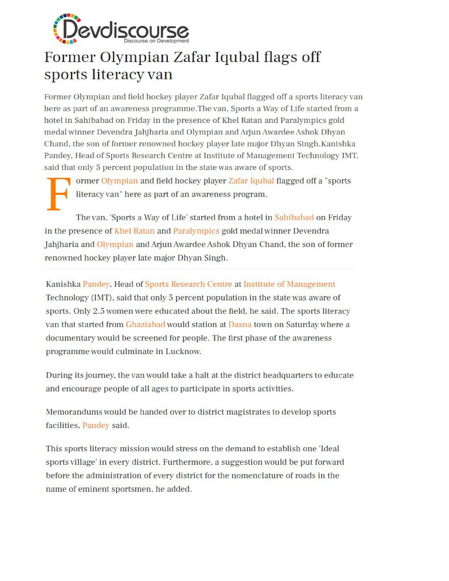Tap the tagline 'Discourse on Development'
pos(156,41)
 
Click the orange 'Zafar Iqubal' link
pos(251,181)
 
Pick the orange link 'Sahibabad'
pos(294,218)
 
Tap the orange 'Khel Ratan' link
pos(134,231)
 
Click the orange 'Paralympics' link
pos(196,231)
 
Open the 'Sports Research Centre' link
pos(188,284)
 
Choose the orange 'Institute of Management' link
pos(289,284)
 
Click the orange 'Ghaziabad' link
pos(145,324)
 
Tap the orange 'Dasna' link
pos(240,324)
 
